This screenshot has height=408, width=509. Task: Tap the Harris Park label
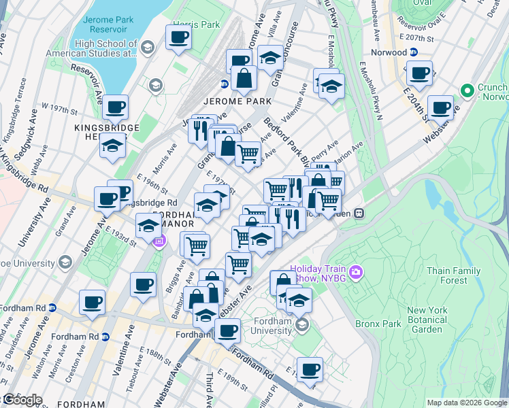click(197, 24)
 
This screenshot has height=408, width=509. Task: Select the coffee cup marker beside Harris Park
click(178, 37)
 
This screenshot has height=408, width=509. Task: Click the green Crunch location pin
click(467, 90)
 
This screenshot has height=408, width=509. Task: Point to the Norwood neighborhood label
click(389, 52)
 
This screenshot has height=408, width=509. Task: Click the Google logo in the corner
click(22, 400)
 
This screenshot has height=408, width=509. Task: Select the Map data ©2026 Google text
click(467, 403)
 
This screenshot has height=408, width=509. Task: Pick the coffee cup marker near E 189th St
click(310, 369)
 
